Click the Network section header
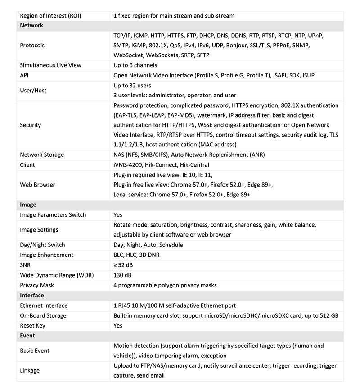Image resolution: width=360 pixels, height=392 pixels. coord(31,26)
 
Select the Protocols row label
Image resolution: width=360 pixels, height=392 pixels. coord(32,46)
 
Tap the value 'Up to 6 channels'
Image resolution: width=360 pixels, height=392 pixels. coord(135,65)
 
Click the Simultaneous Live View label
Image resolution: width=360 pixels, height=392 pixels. coord(51,65)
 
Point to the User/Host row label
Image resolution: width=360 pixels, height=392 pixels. coord(33,91)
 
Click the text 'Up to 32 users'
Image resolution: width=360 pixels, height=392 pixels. coord(132,86)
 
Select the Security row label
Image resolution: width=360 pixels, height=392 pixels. coord(31,125)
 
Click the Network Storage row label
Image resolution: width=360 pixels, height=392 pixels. coord(42,155)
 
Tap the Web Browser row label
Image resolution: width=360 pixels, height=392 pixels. coord(38,185)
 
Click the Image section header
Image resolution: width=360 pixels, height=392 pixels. coord(28,205)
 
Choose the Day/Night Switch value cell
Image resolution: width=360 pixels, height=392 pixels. coord(148,245)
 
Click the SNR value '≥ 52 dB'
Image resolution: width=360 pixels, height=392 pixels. coord(123,265)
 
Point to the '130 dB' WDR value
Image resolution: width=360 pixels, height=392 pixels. coord(122,275)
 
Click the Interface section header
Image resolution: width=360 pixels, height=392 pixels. coord(32,296)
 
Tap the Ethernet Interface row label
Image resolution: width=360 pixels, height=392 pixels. coord(44,305)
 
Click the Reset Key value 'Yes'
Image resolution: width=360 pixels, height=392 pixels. coord(118,325)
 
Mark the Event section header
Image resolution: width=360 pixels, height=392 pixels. coord(27,336)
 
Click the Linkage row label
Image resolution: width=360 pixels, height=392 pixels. coord(30,370)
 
